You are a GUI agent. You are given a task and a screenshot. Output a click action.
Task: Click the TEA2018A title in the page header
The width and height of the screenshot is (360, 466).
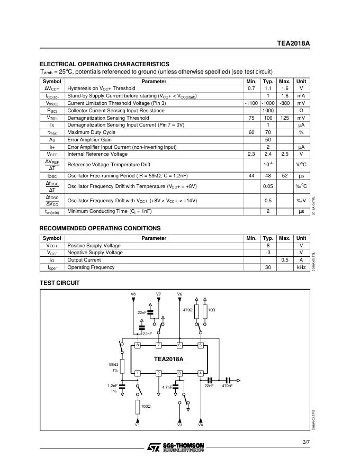coord(293,44)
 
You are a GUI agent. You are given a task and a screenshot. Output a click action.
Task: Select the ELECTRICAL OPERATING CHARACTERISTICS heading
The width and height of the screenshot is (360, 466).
coord(104,64)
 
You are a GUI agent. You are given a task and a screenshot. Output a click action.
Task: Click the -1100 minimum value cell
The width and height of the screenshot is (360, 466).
coord(251,103)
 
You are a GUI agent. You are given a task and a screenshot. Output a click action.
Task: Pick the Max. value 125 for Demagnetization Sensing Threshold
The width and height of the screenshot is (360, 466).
coord(285,118)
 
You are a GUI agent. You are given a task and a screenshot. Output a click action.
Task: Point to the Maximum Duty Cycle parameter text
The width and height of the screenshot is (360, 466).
coord(91,132)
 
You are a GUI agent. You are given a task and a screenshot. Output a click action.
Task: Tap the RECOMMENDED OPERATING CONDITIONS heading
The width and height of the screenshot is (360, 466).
coord(100,228)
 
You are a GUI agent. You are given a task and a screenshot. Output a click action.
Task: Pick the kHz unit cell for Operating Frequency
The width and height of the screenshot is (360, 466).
coord(301,267)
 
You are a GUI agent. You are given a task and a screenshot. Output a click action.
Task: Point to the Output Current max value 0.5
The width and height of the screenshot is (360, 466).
coord(285,260)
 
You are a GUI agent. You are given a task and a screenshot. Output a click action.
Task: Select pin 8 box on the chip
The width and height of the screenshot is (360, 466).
coord(137,345)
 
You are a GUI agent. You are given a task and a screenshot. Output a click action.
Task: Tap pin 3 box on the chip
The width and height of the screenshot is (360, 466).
coord(179,373)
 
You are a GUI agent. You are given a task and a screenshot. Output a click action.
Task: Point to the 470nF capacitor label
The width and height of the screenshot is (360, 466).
coord(227,386)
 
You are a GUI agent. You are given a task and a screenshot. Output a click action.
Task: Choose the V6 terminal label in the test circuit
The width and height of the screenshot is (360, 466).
coord(179,294)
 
